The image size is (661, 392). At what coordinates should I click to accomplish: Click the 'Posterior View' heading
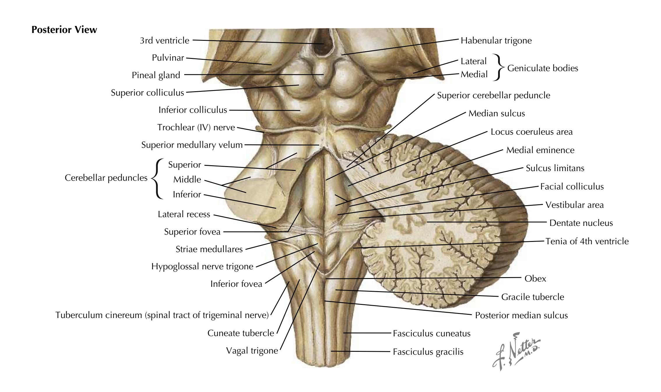tap(64, 30)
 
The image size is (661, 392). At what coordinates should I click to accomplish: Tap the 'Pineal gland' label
tap(156, 75)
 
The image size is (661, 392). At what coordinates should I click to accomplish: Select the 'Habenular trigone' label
tap(496, 41)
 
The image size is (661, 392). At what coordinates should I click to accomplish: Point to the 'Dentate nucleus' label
tap(581, 223)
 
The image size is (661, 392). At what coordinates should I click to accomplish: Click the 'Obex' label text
tap(535, 279)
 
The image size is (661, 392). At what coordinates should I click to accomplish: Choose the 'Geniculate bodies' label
tap(543, 68)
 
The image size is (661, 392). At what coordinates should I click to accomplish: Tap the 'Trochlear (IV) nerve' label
tap(196, 127)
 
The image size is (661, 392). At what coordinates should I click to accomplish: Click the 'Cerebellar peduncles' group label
tap(106, 178)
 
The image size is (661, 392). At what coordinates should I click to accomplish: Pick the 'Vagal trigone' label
tap(252, 351)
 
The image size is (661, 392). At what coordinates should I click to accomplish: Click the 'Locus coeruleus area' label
tap(532, 132)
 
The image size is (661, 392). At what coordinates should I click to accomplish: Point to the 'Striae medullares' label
tap(209, 249)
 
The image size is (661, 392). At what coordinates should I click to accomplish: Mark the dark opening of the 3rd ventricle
tap(323, 44)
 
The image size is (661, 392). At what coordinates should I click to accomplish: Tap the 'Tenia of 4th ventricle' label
tap(587, 241)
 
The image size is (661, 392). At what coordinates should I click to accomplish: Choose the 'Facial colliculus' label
tap(572, 187)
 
